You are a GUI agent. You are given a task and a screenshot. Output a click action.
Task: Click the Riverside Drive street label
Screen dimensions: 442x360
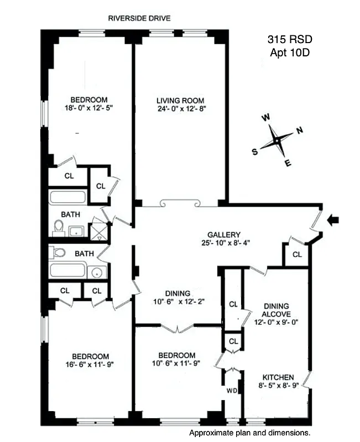tap(139, 18)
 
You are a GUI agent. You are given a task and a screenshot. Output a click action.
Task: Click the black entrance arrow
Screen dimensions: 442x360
tap(333, 220)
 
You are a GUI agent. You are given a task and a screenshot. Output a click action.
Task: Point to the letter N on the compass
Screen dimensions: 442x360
tap(300, 131)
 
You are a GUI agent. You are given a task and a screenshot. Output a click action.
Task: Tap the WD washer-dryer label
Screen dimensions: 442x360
tap(232, 391)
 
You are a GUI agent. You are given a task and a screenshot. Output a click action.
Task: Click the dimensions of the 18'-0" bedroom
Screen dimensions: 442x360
tap(89, 108)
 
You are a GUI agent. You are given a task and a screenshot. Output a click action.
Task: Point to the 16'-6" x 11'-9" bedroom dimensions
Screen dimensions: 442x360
tap(89, 365)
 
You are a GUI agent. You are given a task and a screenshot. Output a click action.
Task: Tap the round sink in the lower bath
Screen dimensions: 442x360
tap(97, 271)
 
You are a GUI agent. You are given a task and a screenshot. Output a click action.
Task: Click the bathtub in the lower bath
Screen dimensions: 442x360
tap(68, 271)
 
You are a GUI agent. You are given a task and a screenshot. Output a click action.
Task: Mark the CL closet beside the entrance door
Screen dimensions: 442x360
tap(297, 255)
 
